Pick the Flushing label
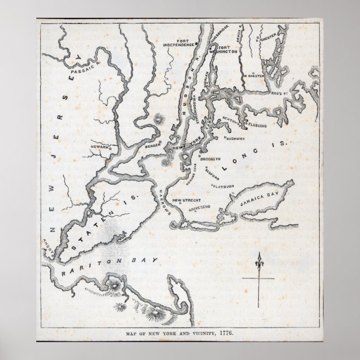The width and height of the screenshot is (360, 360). coord(254,126)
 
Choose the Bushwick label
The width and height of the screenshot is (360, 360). coord(234,137)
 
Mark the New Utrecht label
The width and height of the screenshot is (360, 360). coord(185,200)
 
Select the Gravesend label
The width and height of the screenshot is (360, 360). coord(198,206)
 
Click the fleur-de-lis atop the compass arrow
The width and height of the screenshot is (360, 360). coord(258,260)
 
